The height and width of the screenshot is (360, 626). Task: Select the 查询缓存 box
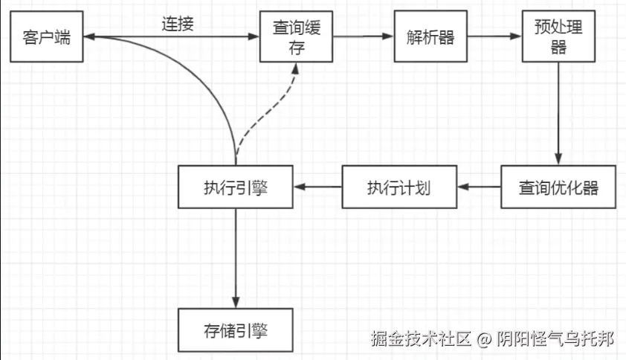296,37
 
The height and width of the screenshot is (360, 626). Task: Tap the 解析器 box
431,37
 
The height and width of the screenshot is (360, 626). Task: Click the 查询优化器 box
558,187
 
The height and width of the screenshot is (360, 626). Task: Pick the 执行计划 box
398,187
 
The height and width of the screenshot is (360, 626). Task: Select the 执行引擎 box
236,187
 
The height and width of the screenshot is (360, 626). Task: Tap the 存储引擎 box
236,330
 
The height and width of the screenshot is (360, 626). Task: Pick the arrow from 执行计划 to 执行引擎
317,187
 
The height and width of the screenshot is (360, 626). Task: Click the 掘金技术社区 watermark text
421,340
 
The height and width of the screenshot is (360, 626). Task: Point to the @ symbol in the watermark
484,340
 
